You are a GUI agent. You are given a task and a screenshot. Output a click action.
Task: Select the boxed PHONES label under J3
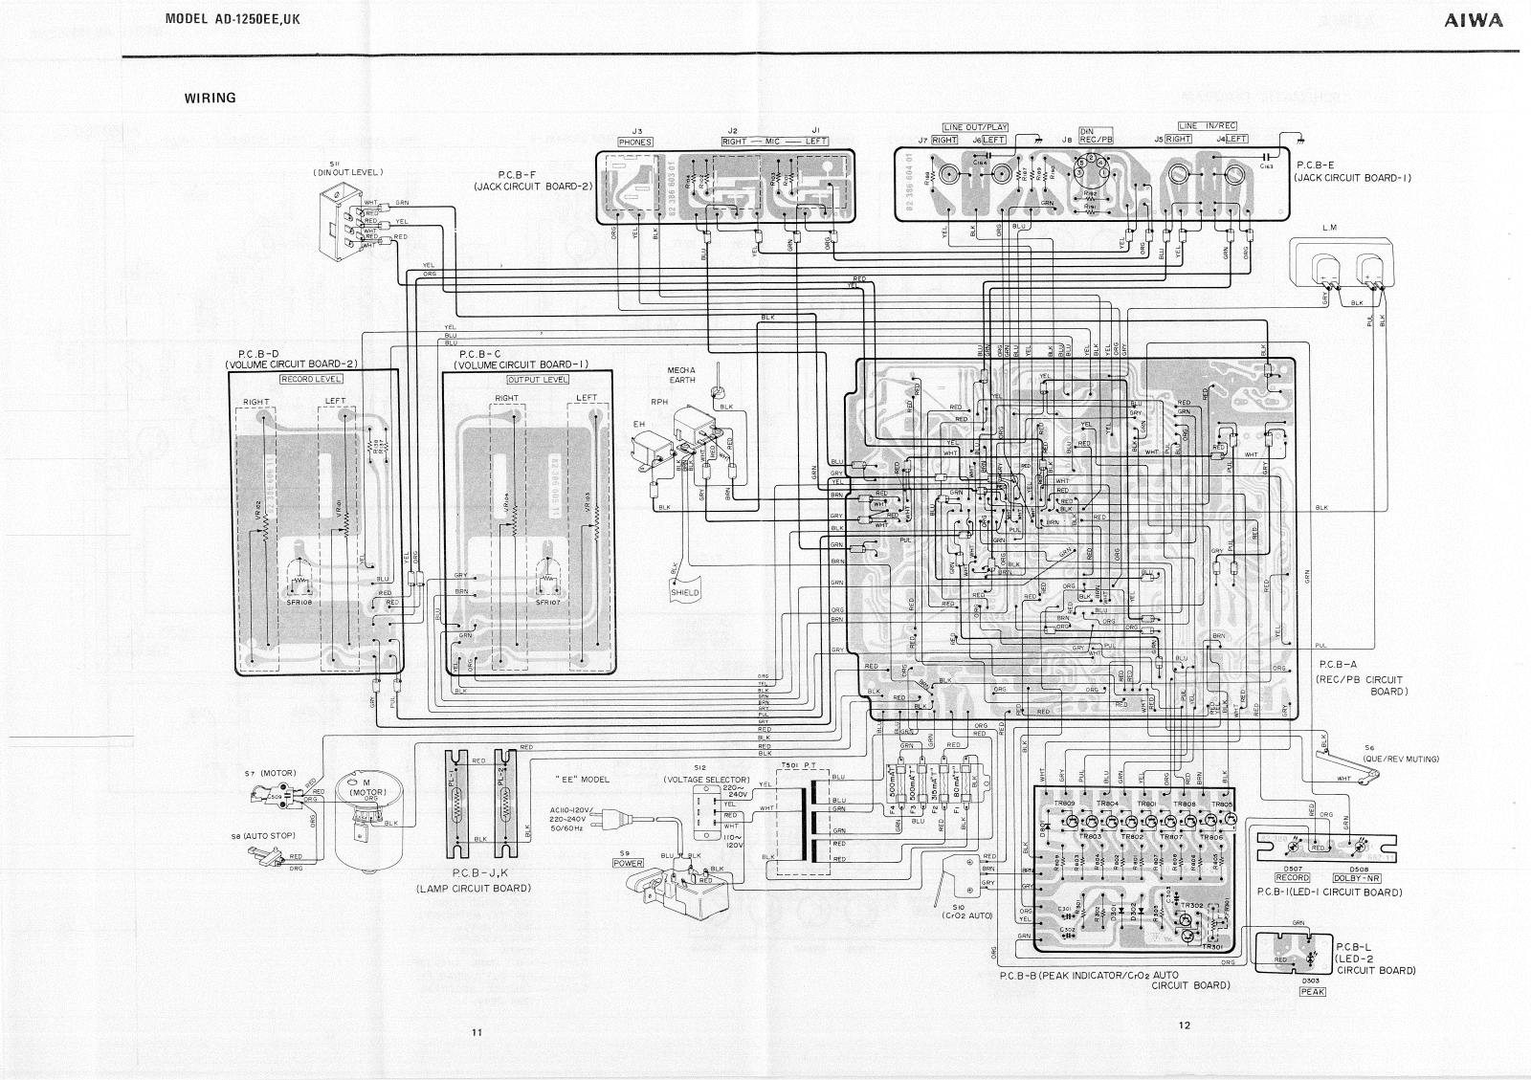[x=635, y=143]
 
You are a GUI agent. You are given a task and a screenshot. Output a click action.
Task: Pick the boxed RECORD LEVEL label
[x=311, y=379]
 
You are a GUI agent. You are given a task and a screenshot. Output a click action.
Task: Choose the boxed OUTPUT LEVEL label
[x=538, y=379]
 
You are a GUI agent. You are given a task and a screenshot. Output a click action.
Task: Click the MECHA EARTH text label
[x=681, y=375]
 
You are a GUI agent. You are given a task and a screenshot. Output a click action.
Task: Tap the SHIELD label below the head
[x=685, y=592]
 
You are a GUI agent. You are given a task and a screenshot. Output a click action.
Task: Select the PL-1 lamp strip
[x=456, y=804]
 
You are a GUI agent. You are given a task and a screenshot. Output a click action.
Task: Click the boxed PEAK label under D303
[x=1312, y=992]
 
